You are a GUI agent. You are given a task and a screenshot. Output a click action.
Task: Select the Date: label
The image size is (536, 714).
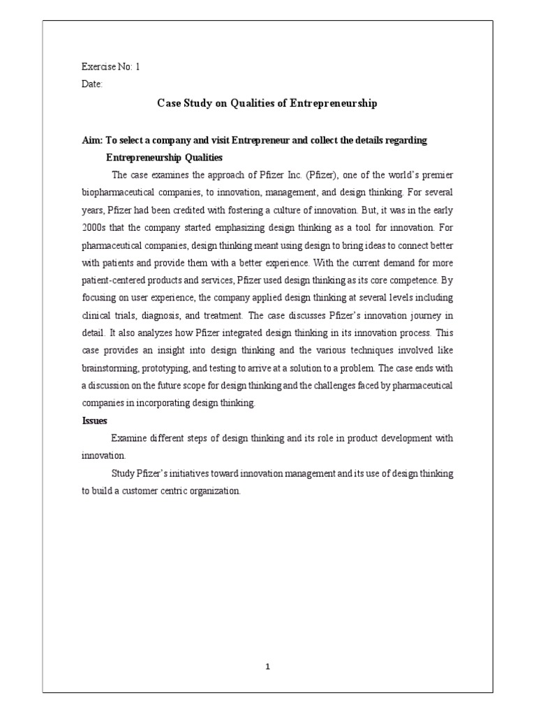pos(92,84)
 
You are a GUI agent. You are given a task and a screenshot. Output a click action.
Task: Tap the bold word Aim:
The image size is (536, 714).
pos(93,140)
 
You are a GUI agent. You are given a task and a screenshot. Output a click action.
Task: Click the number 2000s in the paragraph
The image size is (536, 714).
pos(94,227)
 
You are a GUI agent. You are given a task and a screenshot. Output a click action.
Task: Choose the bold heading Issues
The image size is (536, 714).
pos(94,421)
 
